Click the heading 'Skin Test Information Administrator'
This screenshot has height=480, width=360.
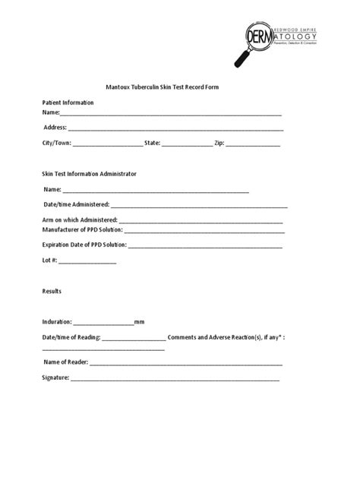pyautogui.click(x=89, y=174)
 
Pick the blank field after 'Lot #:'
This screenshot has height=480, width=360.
pyautogui.click(x=87, y=261)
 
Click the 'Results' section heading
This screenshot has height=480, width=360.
pyautogui.click(x=52, y=291)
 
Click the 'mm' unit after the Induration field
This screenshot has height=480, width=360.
pyautogui.click(x=140, y=322)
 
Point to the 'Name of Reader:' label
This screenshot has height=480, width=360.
pyautogui.click(x=66, y=362)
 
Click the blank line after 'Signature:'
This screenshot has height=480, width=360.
pyautogui.click(x=175, y=378)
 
